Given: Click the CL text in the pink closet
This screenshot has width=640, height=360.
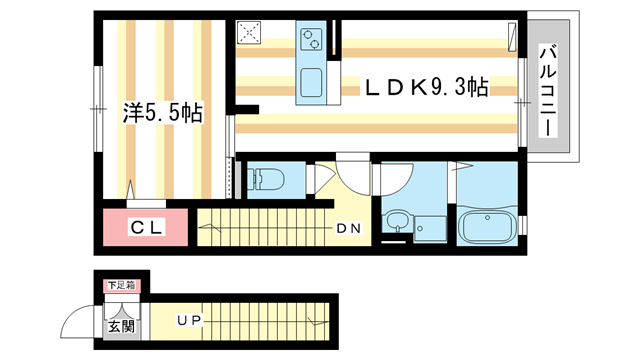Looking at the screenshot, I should point(147,228).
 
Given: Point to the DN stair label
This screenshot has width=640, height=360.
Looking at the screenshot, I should point(348,228).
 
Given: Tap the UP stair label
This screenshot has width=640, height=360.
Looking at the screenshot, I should point(189,320).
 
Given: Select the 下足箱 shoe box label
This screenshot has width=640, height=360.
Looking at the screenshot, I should point(121,287).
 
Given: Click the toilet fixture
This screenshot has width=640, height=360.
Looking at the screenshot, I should point(265,181).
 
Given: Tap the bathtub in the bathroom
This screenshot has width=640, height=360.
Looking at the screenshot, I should point(485,225).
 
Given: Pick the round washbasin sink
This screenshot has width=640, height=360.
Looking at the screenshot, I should point(397,221).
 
